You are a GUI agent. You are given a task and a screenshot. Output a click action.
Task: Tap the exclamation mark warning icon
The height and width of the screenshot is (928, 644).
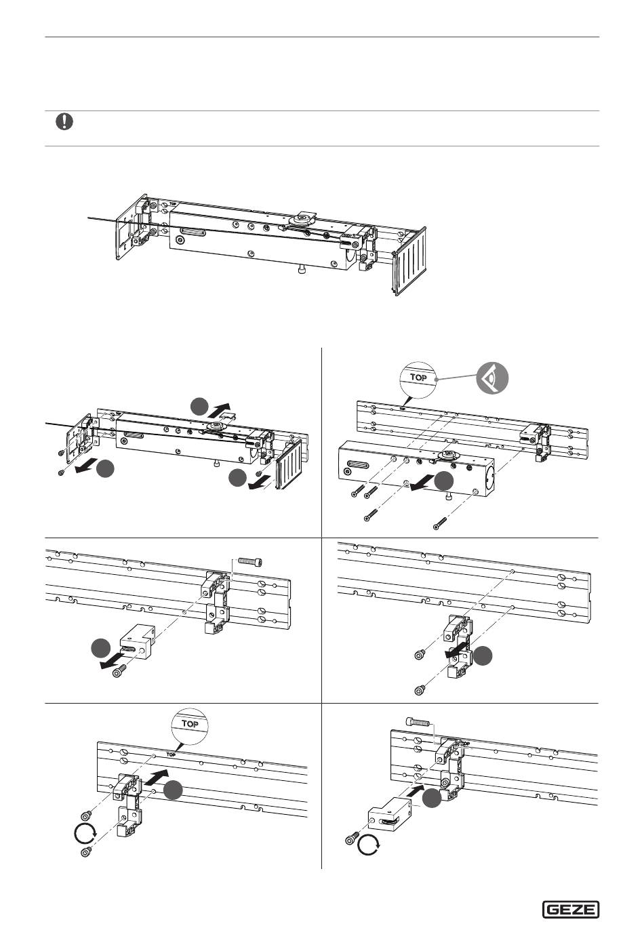pos(64,121)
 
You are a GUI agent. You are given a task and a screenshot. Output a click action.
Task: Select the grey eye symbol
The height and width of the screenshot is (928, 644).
pos(492,378)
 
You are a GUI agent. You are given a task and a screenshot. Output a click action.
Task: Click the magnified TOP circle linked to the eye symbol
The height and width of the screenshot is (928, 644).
pos(418,379)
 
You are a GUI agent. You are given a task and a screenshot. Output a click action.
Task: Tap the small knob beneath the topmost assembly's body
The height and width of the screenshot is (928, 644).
pos(301,270)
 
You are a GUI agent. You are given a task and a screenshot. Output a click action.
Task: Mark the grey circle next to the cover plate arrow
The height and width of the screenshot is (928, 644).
pos(199,407)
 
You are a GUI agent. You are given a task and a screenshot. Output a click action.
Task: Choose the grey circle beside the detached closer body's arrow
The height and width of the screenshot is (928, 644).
pos(444,481)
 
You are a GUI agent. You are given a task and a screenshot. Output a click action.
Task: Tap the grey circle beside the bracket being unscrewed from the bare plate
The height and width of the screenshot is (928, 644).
pos(483,657)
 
